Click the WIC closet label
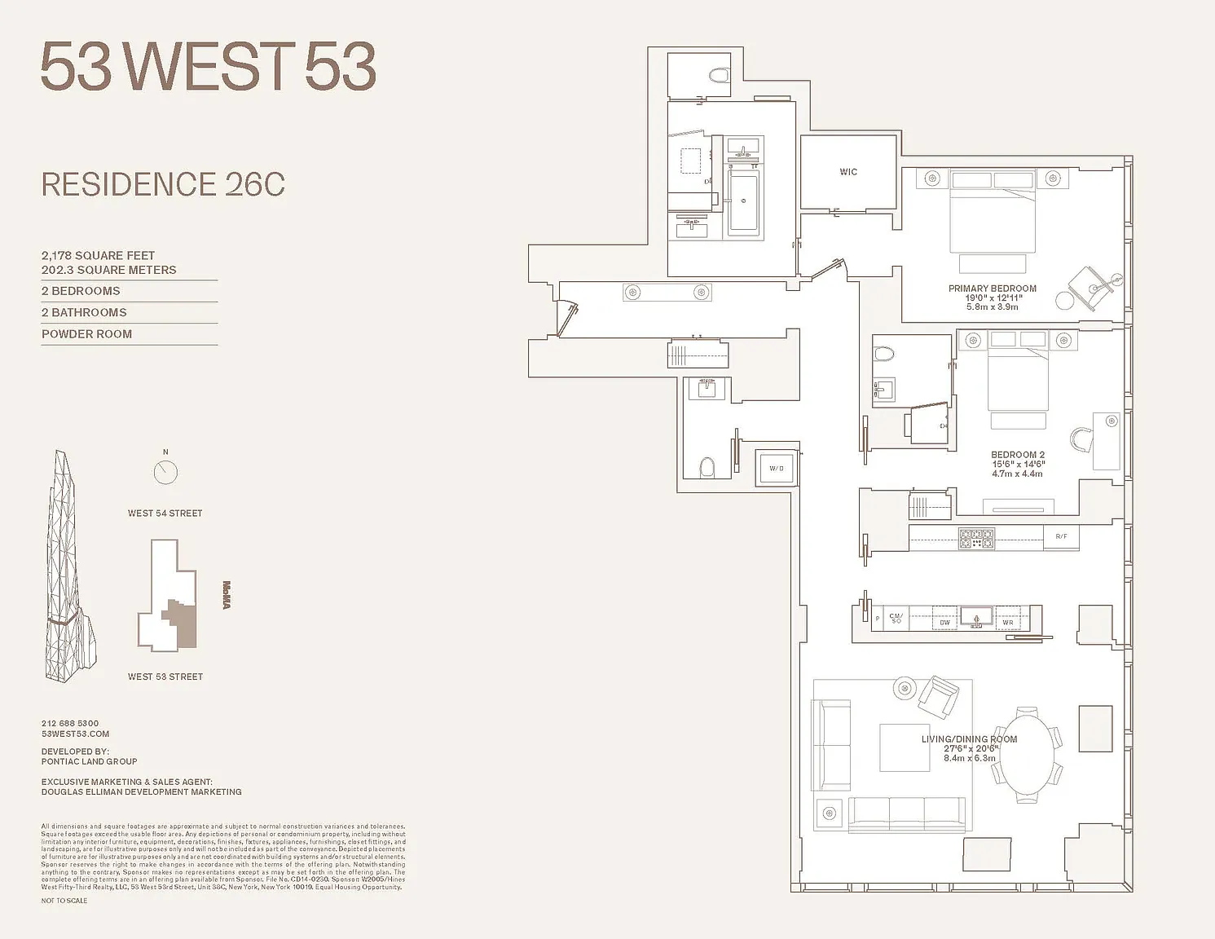coord(848,172)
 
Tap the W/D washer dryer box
coord(776,468)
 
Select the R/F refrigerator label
coord(1061,536)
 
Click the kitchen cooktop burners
coord(976,538)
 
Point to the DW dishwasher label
coord(944,622)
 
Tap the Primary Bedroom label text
coord(992,289)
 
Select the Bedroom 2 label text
coord(1017,455)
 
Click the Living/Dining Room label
coord(969,739)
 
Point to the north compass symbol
coord(165,471)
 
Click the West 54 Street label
coord(165,514)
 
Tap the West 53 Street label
coord(165,677)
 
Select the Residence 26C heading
coord(163,184)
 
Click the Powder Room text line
coord(86,334)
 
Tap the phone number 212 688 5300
coord(70,723)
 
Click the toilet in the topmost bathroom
coord(718,76)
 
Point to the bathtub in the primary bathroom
coord(743,201)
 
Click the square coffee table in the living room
coord(904,747)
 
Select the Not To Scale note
coord(64,901)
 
